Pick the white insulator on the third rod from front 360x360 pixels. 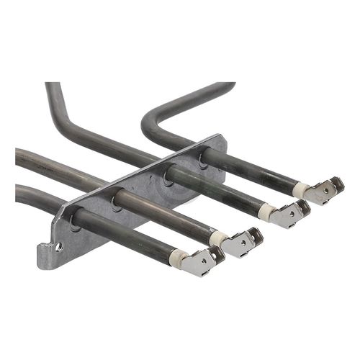coord(266,212)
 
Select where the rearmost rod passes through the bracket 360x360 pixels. coord(203,153)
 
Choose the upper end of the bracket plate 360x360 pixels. coord(216,142)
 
